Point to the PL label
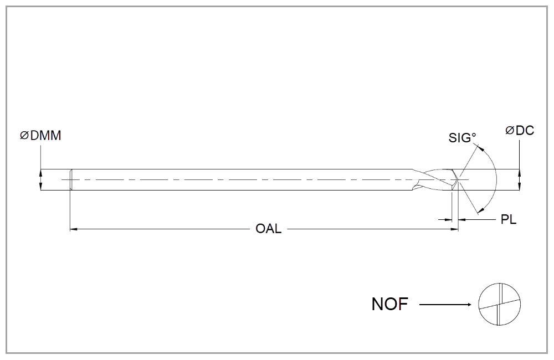[509, 220]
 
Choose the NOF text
[389, 304]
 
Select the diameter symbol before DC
[510, 131]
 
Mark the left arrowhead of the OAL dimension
[74, 228]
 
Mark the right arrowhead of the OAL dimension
[455, 228]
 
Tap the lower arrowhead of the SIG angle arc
[480, 209]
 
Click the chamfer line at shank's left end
[70, 180]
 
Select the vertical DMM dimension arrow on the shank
[40, 180]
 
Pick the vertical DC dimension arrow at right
[519, 180]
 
